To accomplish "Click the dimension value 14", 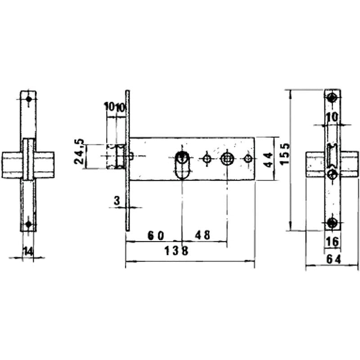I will [28, 251].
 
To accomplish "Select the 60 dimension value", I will [155, 235].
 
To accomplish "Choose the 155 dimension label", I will [284, 154].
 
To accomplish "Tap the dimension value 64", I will [333, 260].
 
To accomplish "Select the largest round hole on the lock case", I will [227, 158].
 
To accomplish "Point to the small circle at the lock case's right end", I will [247, 158].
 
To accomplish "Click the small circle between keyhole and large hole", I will [207, 158].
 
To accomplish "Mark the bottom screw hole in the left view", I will [28, 224].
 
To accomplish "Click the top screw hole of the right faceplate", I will [333, 98].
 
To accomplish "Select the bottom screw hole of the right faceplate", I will [333, 222].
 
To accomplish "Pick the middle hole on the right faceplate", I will [332, 174].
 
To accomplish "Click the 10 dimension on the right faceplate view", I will [332, 117].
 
